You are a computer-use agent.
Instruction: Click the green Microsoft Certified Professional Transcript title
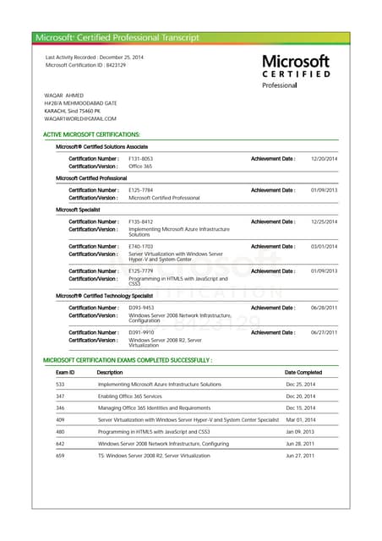[x=117, y=37]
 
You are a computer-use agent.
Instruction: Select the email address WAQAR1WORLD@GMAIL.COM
[x=80, y=118]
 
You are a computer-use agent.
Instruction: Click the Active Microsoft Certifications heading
[x=91, y=135]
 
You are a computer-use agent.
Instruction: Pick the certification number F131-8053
[x=140, y=159]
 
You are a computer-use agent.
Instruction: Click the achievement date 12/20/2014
[x=324, y=159]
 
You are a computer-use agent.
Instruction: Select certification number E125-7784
[x=140, y=190]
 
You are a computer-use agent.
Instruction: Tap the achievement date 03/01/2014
[x=324, y=246]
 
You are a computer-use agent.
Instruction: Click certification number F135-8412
[x=140, y=221]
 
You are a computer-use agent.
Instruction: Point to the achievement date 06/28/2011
[x=324, y=308]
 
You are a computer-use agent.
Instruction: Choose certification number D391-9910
[x=141, y=332]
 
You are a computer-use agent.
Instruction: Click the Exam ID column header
[x=65, y=372]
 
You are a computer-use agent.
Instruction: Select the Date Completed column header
[x=303, y=372]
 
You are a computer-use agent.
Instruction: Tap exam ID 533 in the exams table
[x=60, y=384]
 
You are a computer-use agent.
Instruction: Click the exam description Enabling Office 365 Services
[x=141, y=396]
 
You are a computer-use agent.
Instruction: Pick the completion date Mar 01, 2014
[x=300, y=419]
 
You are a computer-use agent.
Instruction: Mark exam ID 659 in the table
[x=60, y=456]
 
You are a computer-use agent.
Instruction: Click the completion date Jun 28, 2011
[x=300, y=443]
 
